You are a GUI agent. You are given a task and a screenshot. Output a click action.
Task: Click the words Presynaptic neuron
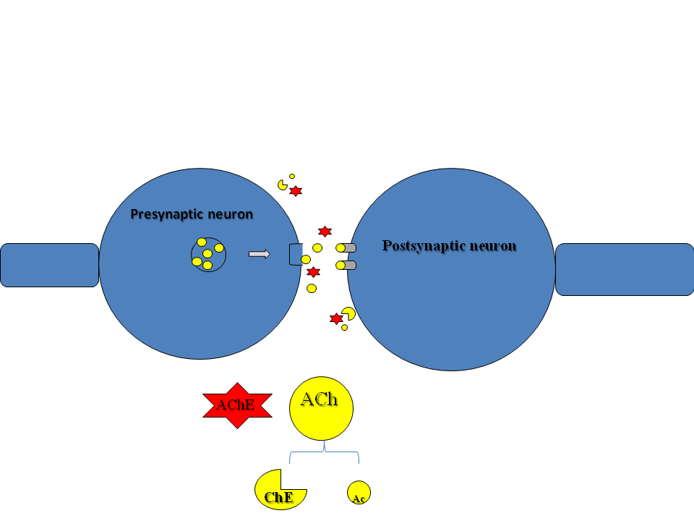(192, 214)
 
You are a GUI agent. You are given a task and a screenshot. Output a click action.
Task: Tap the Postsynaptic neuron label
(449, 246)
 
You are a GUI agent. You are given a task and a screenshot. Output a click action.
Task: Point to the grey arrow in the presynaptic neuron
(259, 254)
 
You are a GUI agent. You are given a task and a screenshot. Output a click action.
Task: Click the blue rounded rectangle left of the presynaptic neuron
(49, 265)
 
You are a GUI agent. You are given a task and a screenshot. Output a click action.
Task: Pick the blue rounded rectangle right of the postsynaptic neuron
(624, 269)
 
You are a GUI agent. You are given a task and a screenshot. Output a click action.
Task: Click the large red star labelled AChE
(236, 405)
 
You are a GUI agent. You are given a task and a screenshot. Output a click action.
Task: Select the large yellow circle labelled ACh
(321, 408)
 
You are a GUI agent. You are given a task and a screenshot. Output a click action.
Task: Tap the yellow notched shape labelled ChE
(278, 490)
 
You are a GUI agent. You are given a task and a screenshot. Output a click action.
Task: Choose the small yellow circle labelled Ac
(359, 493)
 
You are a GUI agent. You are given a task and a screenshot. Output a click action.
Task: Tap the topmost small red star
(296, 191)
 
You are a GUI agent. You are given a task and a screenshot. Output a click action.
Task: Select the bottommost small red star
(336, 318)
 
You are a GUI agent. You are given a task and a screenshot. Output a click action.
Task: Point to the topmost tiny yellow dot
(292, 176)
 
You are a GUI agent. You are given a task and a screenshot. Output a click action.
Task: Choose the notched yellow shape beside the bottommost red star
(348, 313)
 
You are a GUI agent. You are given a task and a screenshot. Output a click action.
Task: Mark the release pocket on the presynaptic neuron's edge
(295, 255)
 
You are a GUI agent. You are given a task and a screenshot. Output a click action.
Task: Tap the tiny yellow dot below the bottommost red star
(344, 328)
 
